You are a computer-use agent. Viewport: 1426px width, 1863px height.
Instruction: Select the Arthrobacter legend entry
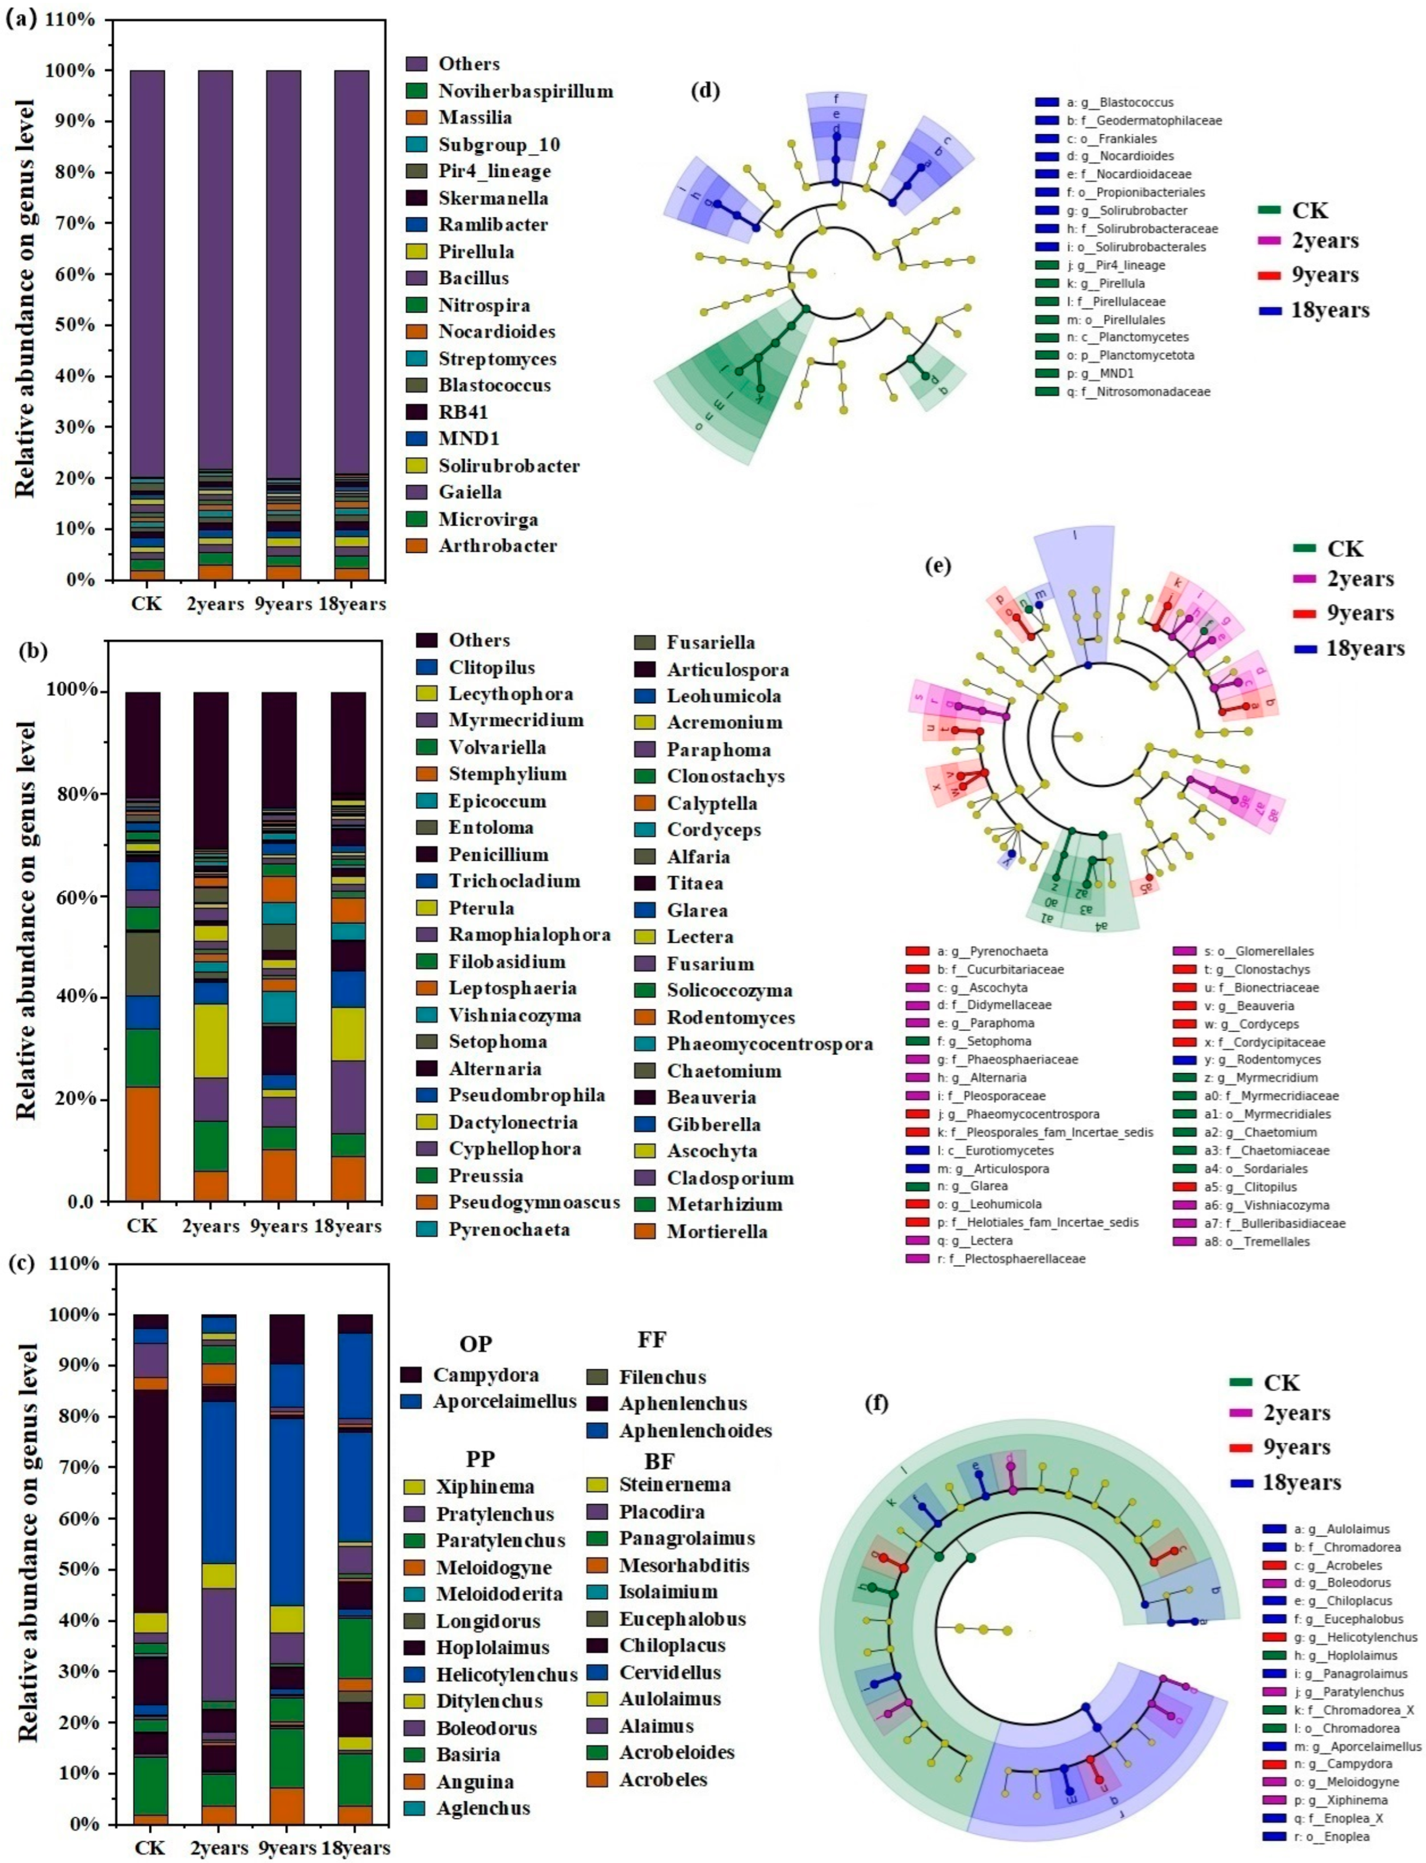(x=497, y=546)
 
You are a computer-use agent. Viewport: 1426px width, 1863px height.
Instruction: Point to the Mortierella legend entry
(x=717, y=1231)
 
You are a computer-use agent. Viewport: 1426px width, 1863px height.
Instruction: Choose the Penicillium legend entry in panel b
(x=498, y=854)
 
